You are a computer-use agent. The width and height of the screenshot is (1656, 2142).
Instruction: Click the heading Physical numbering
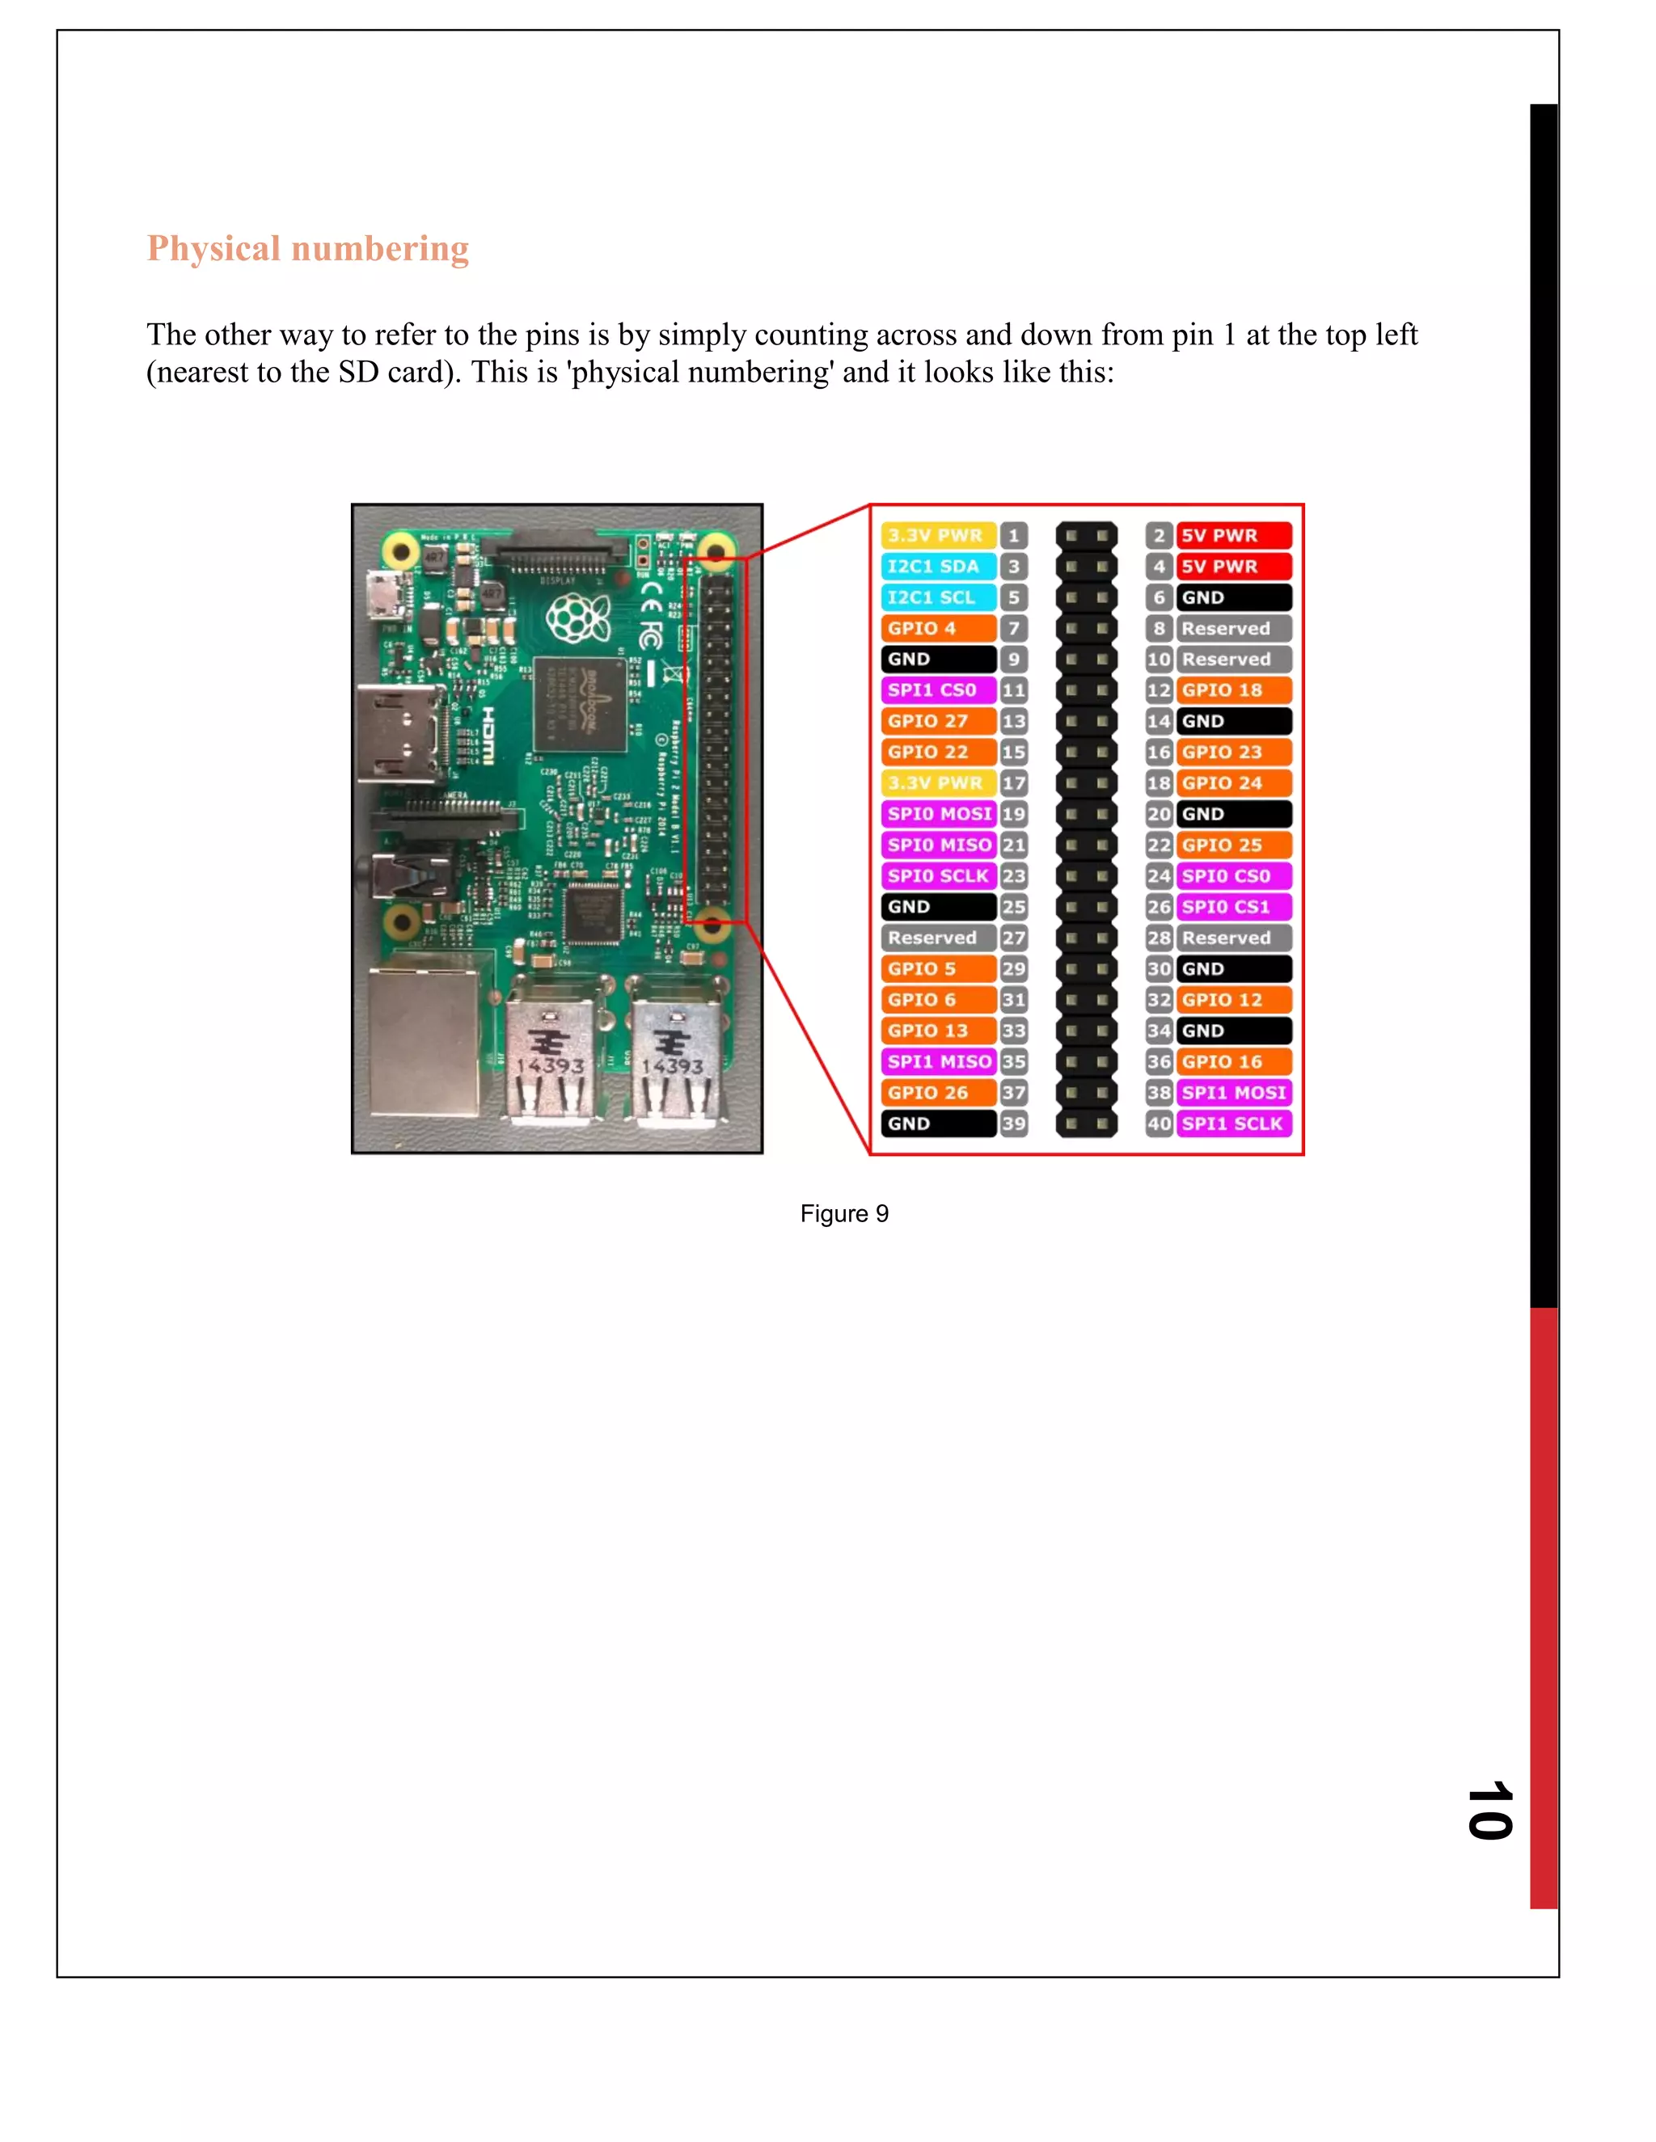(x=307, y=248)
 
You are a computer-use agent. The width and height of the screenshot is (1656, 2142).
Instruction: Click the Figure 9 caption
(x=843, y=1213)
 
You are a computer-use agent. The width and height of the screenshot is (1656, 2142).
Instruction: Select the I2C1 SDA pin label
(x=937, y=566)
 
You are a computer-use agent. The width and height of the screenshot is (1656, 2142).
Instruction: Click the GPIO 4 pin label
(x=937, y=628)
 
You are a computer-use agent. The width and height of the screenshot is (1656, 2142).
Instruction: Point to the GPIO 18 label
(x=1232, y=689)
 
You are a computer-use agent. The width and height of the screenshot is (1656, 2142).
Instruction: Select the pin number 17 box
(x=1013, y=782)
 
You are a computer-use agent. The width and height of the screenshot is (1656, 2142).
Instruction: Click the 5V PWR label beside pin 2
(x=1232, y=535)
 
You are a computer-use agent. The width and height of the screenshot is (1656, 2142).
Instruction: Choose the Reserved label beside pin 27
(x=937, y=938)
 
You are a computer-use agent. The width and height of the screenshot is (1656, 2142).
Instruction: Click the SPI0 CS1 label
(x=1232, y=906)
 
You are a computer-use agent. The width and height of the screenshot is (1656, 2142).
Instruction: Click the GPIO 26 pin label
(x=937, y=1093)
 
